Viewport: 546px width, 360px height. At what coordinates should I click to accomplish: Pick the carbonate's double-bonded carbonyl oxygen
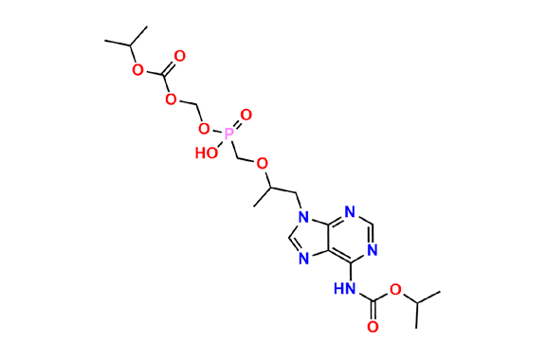pyautogui.click(x=179, y=55)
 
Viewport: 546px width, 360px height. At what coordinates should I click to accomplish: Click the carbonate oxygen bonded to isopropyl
pyautogui.click(x=136, y=70)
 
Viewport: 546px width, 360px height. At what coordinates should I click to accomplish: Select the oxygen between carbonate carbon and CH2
pyautogui.click(x=170, y=98)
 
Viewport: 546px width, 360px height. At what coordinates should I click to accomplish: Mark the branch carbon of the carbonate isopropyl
pyautogui.click(x=123, y=43)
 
